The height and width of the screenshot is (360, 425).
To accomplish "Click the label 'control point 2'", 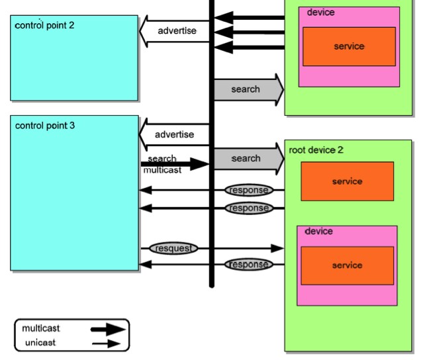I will [x=44, y=26].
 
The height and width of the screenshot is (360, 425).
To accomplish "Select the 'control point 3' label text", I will [x=45, y=125].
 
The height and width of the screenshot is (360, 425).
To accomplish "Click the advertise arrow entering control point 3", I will [x=173, y=135].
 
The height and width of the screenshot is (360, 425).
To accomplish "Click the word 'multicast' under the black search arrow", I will [x=162, y=170].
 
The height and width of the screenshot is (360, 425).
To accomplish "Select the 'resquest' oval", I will [x=173, y=249].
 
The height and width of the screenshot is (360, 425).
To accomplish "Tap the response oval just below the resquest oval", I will [x=249, y=265].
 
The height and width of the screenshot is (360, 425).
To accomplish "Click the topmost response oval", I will [x=249, y=191].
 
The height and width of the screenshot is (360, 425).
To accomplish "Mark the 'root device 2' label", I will [x=316, y=150].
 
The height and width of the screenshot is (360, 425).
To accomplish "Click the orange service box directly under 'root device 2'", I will [x=347, y=181].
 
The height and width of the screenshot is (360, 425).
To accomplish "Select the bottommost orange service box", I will [x=347, y=265].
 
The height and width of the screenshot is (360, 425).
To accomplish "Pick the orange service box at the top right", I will [x=349, y=46].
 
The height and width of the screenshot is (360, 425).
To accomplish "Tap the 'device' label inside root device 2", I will [x=318, y=232].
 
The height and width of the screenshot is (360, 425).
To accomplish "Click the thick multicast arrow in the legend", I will [x=107, y=329].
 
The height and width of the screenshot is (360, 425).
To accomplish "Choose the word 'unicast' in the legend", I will [x=40, y=343].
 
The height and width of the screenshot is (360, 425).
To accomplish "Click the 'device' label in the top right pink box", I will [x=320, y=13].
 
